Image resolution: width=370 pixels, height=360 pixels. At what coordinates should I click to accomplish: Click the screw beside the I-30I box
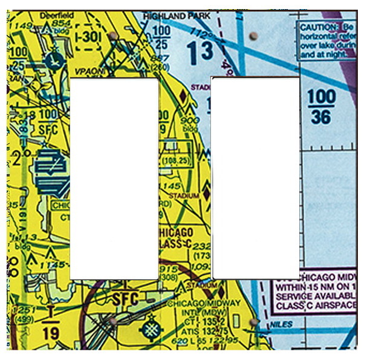(x=112, y=38)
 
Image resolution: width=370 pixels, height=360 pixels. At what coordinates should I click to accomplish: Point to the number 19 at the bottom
(x=51, y=332)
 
